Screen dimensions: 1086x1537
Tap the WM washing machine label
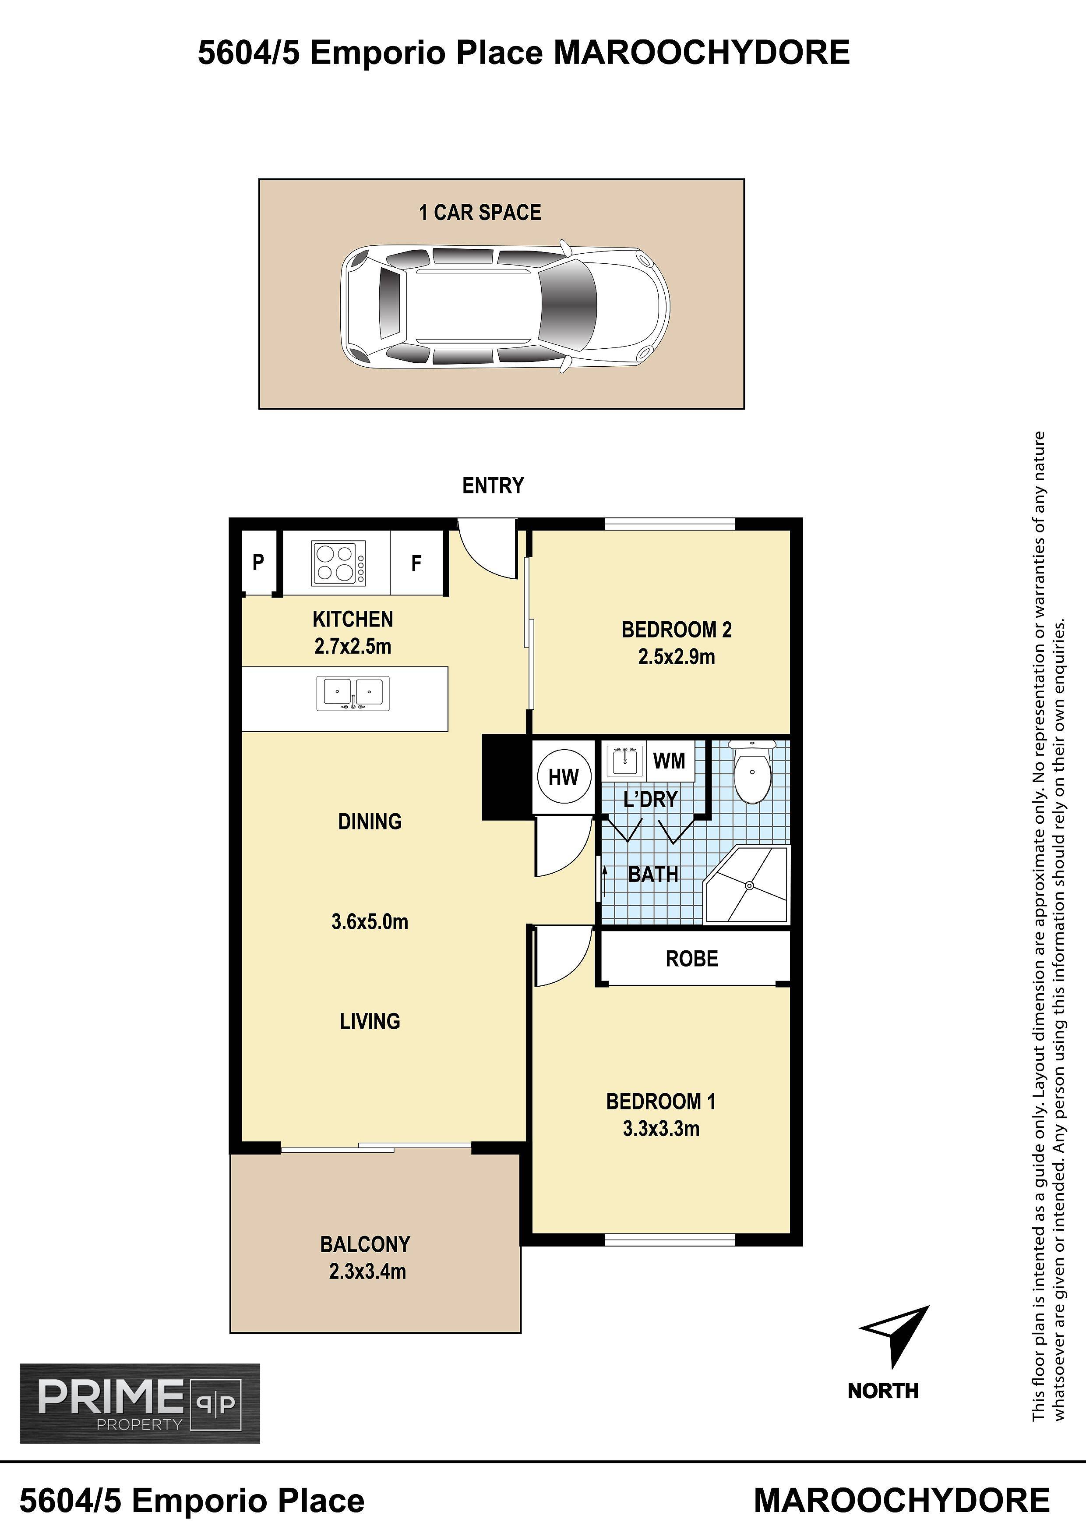[x=669, y=761]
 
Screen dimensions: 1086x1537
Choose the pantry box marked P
[x=259, y=562]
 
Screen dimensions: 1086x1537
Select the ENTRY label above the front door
[x=493, y=485]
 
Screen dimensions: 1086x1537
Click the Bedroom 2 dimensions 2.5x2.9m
[x=677, y=657]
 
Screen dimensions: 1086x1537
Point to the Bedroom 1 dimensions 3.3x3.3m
[x=661, y=1129]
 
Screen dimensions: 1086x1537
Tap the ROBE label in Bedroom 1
[x=692, y=959]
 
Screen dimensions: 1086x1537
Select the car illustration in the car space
[x=505, y=304]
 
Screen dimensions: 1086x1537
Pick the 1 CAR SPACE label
[x=480, y=213]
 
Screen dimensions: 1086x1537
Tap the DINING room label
[x=370, y=822]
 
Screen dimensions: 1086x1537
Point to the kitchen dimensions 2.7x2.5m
[x=353, y=647]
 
